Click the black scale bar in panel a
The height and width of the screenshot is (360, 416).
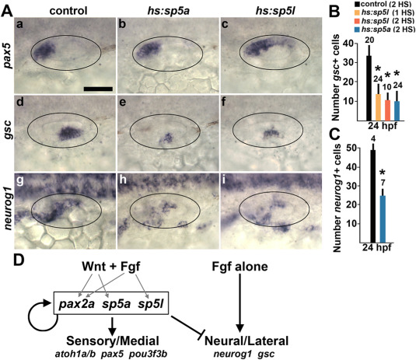point(98,89)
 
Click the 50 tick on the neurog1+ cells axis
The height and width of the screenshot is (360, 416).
point(353,149)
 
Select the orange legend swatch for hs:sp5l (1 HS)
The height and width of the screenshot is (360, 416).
point(357,12)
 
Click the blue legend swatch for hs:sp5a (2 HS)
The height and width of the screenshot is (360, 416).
point(357,29)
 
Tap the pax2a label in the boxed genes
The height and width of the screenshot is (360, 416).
point(76,304)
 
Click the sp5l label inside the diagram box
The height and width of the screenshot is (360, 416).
point(150,303)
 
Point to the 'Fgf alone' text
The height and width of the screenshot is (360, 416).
point(239,267)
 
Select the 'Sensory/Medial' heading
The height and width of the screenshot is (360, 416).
point(113,341)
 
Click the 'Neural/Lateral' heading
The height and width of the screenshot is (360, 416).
point(246,341)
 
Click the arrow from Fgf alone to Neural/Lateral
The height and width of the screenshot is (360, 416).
point(239,303)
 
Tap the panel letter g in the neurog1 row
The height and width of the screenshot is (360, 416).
point(19,181)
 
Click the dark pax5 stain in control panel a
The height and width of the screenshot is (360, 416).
point(44,50)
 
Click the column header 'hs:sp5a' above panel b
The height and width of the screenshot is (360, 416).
point(169,11)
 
